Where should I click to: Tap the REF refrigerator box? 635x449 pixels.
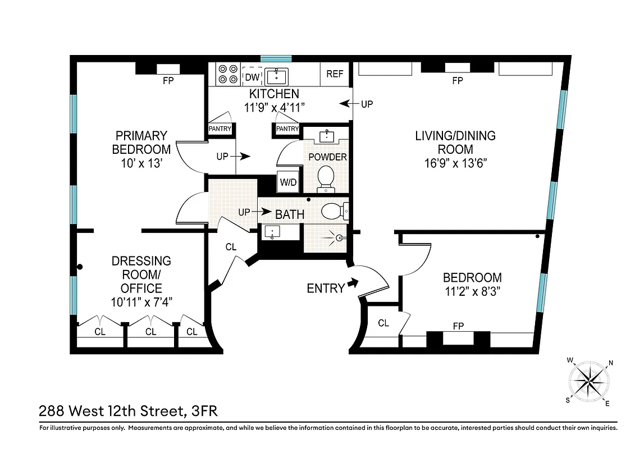pyautogui.click(x=335, y=74)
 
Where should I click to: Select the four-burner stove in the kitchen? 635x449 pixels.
pyautogui.click(x=227, y=74)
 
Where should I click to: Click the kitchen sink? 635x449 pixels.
pyautogui.click(x=276, y=76)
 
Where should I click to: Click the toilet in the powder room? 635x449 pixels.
pyautogui.click(x=326, y=177)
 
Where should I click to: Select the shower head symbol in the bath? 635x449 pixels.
pyautogui.click(x=338, y=238)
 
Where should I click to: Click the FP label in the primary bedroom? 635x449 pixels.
pyautogui.click(x=168, y=81)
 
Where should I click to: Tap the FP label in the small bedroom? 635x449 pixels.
pyautogui.click(x=458, y=326)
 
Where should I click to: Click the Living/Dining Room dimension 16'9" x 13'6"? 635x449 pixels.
pyautogui.click(x=455, y=163)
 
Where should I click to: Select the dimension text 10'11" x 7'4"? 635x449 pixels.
pyautogui.click(x=141, y=302)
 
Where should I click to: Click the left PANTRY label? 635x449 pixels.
pyautogui.click(x=220, y=129)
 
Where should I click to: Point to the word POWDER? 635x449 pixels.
pyautogui.click(x=327, y=157)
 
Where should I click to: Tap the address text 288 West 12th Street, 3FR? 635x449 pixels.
pyautogui.click(x=128, y=411)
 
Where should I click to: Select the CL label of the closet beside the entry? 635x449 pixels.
pyautogui.click(x=383, y=323)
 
